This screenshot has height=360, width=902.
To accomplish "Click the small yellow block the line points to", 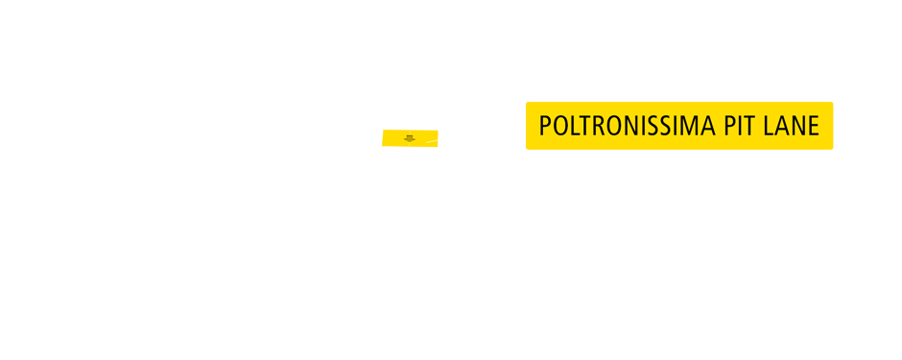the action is coord(410,137).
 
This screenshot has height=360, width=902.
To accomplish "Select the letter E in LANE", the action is coord(814,126).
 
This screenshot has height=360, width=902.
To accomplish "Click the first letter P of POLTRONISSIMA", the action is coord(545,126).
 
